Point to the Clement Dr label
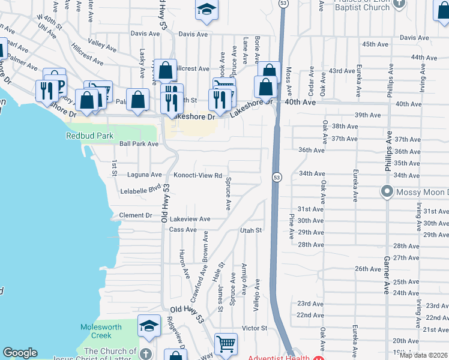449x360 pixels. (136, 215)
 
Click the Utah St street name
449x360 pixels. (251, 230)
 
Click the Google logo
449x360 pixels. (20, 353)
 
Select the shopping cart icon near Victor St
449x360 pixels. (226, 343)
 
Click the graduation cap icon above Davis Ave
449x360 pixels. (206, 10)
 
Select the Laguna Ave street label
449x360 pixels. (145, 175)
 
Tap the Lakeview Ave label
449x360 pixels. (190, 220)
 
